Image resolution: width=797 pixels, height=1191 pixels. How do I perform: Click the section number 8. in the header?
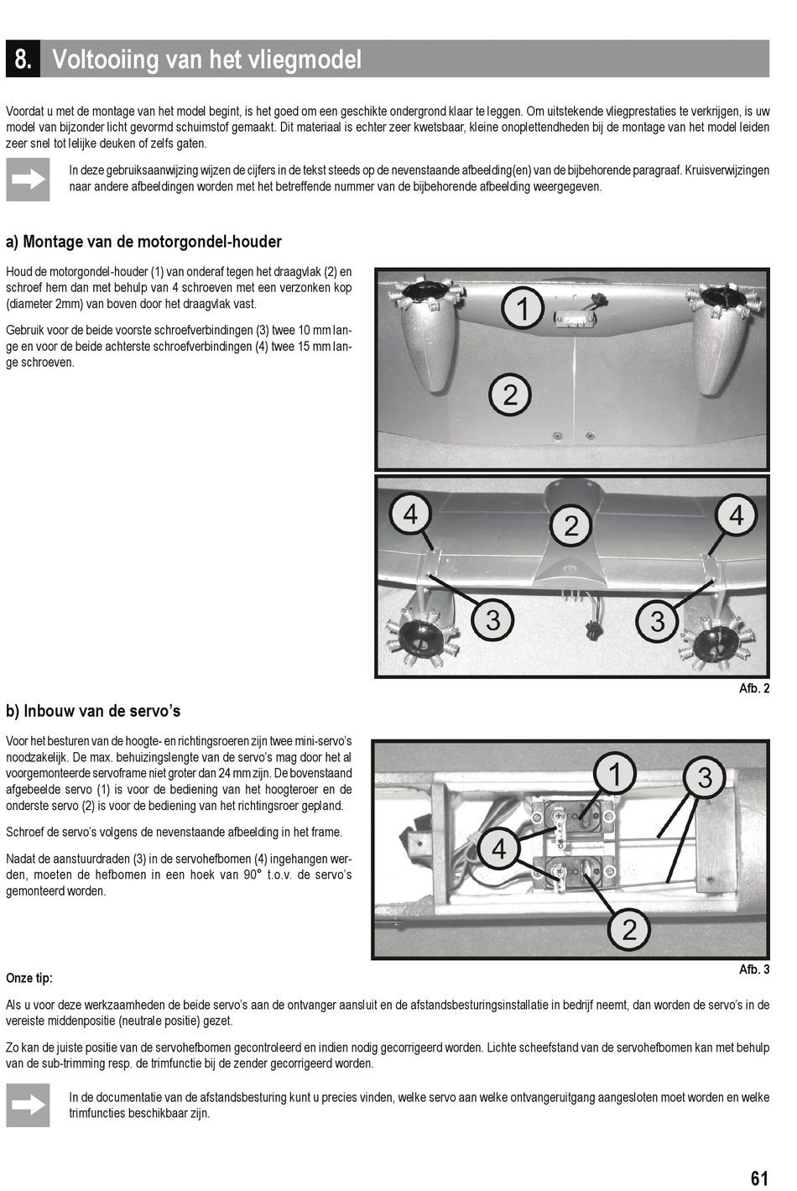pyautogui.click(x=23, y=60)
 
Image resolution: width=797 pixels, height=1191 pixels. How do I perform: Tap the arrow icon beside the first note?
pyautogui.click(x=28, y=179)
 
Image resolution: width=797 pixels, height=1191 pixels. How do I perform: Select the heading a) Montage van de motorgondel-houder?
pyautogui.click(x=143, y=242)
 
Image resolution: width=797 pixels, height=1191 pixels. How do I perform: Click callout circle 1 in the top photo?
pyautogui.click(x=523, y=308)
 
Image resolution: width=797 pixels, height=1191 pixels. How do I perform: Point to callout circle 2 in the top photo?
pyautogui.click(x=510, y=394)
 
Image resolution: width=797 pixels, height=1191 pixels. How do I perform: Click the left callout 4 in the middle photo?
pyautogui.click(x=410, y=514)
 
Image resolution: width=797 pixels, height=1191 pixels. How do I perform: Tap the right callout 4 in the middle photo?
pyautogui.click(x=736, y=515)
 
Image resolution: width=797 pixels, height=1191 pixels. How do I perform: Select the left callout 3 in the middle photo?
pyautogui.click(x=492, y=619)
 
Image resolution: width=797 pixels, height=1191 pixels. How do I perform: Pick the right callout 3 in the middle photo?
pyautogui.click(x=657, y=620)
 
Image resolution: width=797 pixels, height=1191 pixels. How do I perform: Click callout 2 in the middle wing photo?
pyautogui.click(x=571, y=525)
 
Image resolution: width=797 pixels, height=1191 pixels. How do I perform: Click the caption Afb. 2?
pyautogui.click(x=753, y=688)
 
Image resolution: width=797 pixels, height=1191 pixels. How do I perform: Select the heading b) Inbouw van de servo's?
pyautogui.click(x=93, y=711)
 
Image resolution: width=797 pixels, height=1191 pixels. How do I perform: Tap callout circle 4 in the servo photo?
pyautogui.click(x=498, y=849)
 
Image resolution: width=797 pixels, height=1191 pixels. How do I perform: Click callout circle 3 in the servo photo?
pyautogui.click(x=705, y=777)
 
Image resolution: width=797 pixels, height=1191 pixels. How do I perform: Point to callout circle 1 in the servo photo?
pyautogui.click(x=615, y=774)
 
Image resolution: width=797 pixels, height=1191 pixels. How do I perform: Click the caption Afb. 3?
pyautogui.click(x=753, y=969)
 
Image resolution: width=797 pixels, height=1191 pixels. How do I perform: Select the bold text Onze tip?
pyautogui.click(x=29, y=978)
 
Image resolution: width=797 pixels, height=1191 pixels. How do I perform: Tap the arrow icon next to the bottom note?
pyautogui.click(x=28, y=1105)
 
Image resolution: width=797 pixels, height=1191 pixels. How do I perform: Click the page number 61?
pyautogui.click(x=759, y=1178)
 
